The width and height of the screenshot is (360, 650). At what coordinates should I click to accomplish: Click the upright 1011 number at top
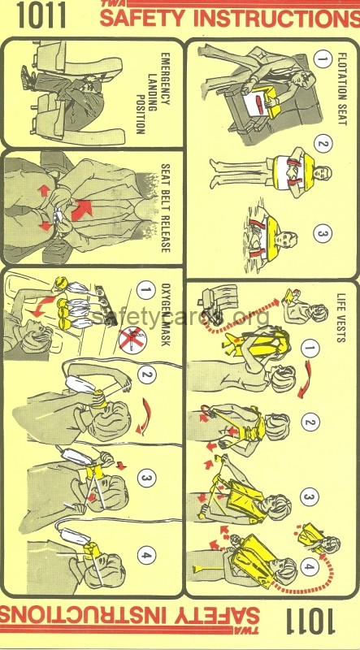pos(41,15)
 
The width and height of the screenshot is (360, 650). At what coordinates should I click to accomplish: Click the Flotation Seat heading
pos(342,89)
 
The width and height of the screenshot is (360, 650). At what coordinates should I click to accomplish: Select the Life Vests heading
pos(341,318)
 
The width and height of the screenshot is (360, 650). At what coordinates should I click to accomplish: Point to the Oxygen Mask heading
pos(165,314)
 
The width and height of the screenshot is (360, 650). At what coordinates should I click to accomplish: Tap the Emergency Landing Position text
pos(152,93)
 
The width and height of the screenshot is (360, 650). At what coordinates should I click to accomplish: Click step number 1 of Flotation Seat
pos(323,58)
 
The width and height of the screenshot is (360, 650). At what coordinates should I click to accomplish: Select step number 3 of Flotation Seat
pos(323,233)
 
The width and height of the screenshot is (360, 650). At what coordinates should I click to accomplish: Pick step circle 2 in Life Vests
pos(310,422)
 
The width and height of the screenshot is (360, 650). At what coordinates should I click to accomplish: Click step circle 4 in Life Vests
pos(310,567)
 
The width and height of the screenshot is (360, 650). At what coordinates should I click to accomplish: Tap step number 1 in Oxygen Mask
pos(145,290)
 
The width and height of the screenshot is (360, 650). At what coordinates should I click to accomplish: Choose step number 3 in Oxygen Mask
pos(146,479)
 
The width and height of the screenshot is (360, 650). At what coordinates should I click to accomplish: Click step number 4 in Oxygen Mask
pos(146,555)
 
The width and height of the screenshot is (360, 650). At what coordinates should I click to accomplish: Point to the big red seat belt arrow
pos(82,210)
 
